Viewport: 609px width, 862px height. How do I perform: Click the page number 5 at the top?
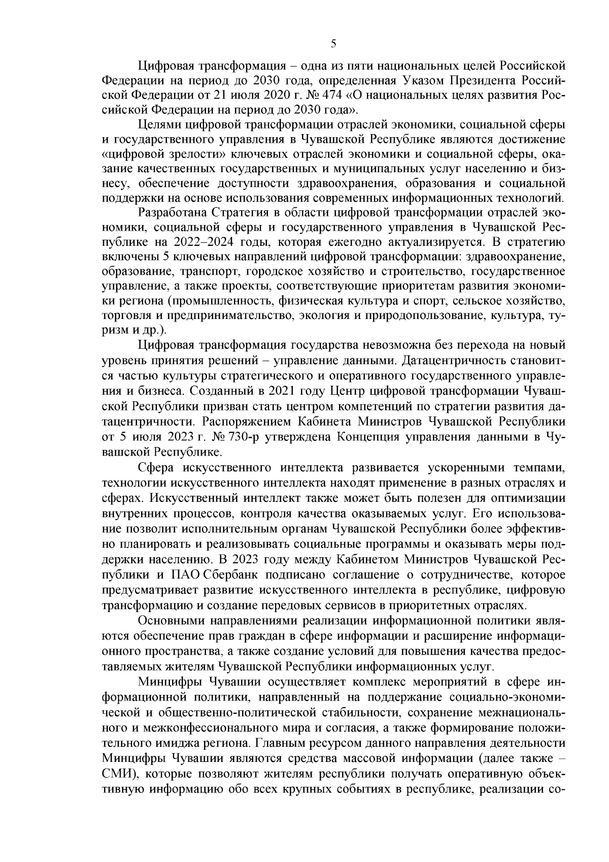coord(333,44)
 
